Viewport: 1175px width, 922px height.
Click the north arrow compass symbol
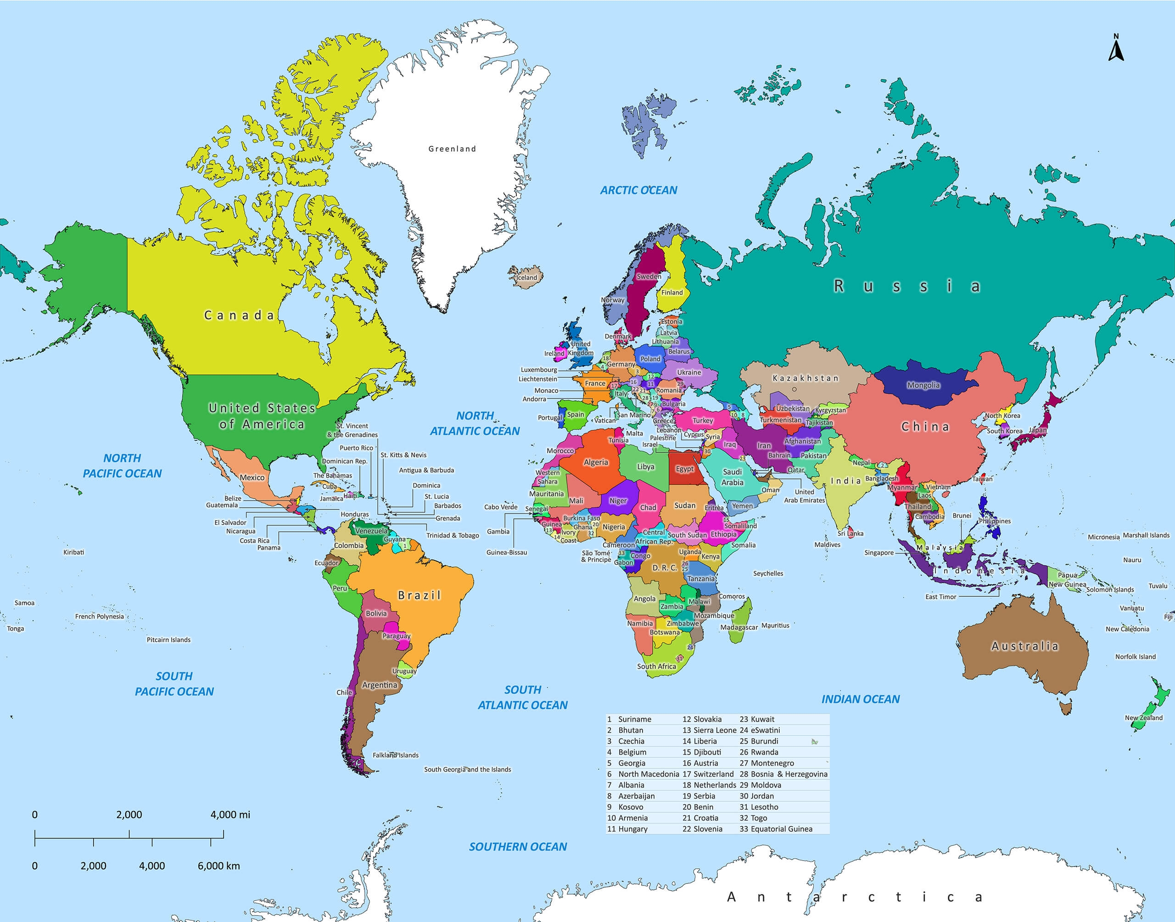point(1116,49)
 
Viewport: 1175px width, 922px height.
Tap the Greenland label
point(452,149)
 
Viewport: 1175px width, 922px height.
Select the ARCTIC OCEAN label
point(638,190)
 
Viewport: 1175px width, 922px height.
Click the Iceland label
point(527,278)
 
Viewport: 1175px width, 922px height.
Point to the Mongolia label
point(923,385)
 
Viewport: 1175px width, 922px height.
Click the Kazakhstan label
point(805,378)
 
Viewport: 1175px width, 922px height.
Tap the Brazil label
point(420,595)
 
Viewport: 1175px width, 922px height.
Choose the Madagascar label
point(739,627)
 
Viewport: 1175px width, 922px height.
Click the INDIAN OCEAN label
point(860,699)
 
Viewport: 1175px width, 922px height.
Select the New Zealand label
point(1144,717)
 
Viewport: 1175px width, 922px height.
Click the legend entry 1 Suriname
point(630,719)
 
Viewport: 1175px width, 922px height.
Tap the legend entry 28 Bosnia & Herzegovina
point(783,773)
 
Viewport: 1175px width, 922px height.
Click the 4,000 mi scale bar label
point(230,815)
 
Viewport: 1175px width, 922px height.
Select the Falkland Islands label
point(395,755)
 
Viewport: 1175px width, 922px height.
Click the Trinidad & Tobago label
point(453,535)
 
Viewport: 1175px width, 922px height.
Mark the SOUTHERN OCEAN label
point(517,846)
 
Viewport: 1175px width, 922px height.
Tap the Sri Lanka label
point(850,533)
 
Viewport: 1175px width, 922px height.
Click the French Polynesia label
point(99,616)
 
